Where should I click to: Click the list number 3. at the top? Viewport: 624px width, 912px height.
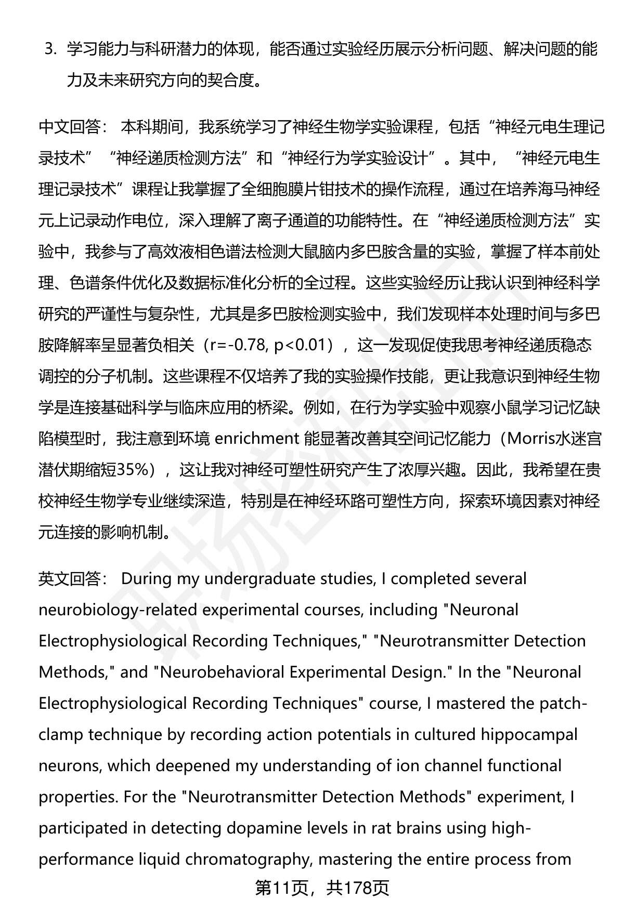pos(50,49)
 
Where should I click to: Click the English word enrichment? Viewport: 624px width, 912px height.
pos(256,439)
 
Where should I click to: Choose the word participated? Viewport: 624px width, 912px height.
pos(83,828)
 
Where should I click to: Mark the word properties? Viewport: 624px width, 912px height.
pos(78,797)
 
